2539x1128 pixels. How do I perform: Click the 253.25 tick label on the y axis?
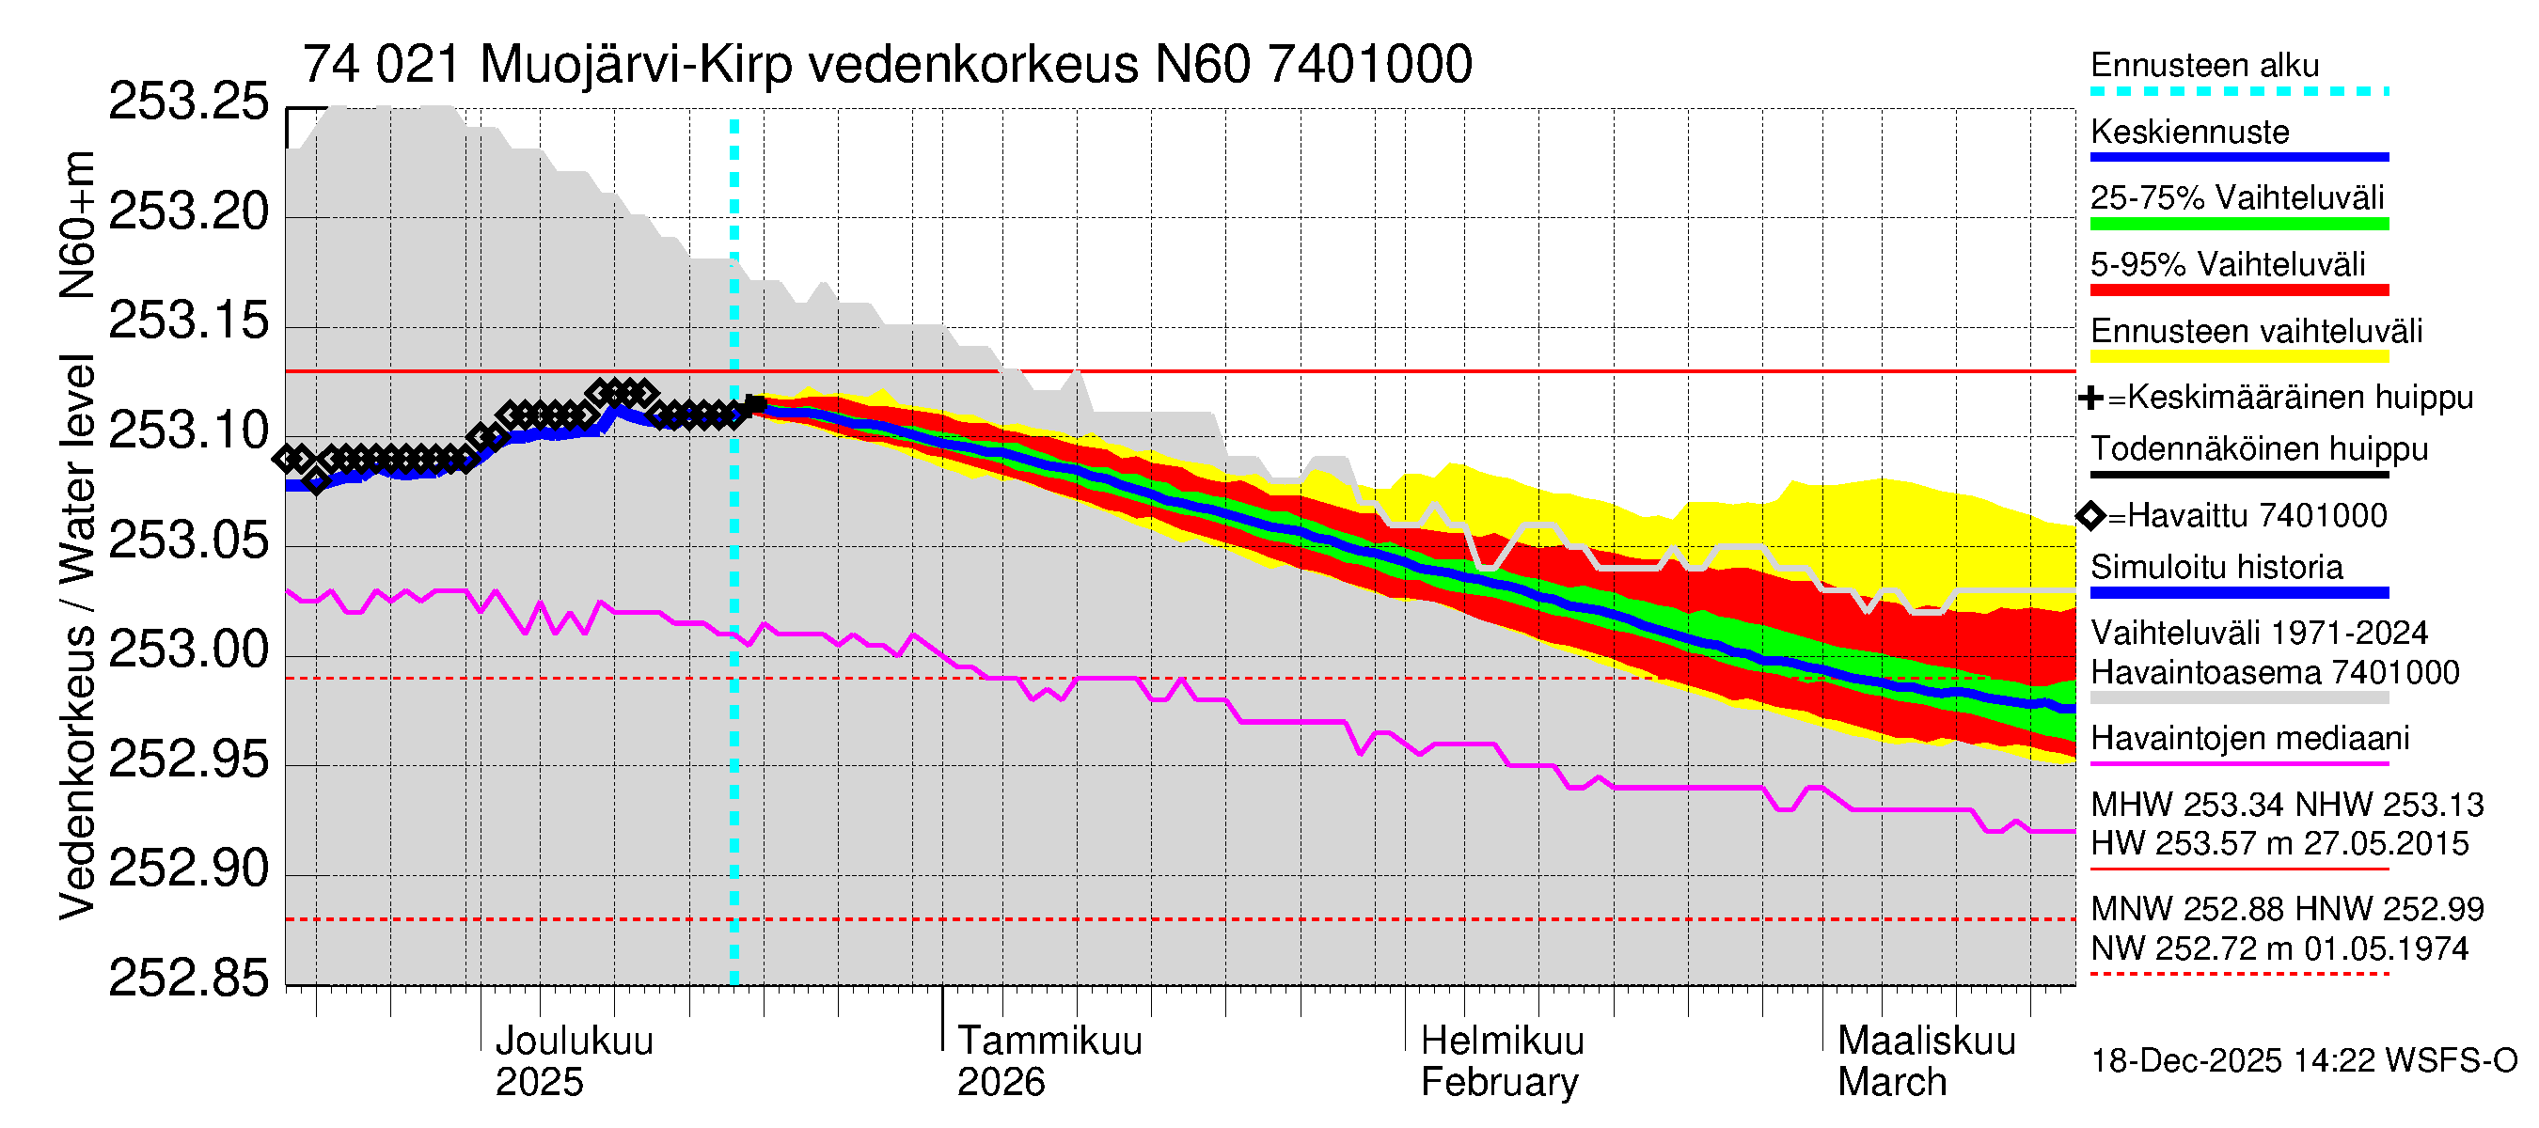[187, 102]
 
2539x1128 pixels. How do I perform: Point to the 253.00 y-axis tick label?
[187, 650]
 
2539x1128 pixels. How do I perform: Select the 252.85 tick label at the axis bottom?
[187, 979]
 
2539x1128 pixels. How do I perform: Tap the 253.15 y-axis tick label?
[187, 321]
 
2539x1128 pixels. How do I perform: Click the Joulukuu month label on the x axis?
[574, 1041]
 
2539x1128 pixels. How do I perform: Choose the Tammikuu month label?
[1049, 1041]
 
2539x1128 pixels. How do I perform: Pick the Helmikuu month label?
[1502, 1041]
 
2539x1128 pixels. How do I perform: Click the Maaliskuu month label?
[1926, 1041]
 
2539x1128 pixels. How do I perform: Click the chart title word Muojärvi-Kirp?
[636, 65]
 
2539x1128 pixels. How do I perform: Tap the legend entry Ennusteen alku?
[2204, 66]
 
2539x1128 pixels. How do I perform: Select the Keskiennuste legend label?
[2189, 132]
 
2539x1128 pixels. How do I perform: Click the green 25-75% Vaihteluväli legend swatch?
[2238, 224]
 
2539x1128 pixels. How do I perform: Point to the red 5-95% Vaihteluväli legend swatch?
[2238, 290]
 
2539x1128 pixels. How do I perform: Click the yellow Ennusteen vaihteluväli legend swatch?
[2238, 355]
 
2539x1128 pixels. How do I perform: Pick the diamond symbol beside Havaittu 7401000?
[2090, 515]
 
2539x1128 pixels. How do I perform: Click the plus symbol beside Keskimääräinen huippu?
[2090, 398]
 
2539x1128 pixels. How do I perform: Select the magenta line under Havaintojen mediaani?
[2238, 763]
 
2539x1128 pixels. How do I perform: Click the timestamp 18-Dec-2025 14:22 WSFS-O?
[2303, 1061]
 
